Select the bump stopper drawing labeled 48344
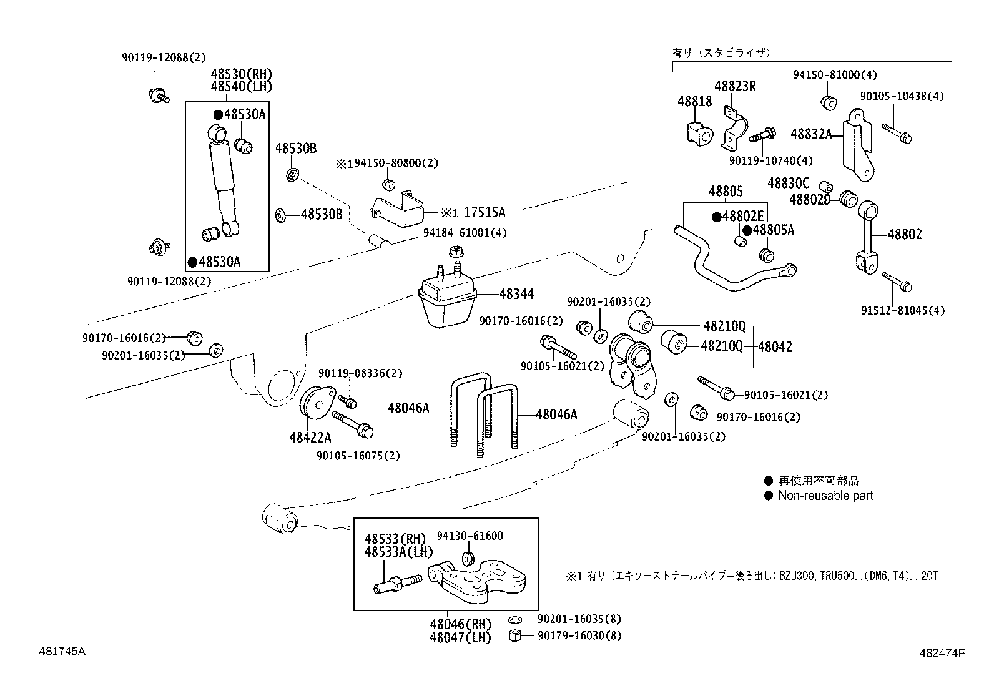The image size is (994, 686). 446,303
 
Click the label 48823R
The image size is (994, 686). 735,87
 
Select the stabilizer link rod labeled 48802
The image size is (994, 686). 867,237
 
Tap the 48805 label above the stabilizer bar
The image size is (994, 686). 726,192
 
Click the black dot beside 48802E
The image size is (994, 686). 717,217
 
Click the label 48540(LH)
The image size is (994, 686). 242,87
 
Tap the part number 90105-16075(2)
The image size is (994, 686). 358,456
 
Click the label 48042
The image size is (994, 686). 775,347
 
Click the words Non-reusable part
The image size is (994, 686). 825,496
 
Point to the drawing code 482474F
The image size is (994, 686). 942,654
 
